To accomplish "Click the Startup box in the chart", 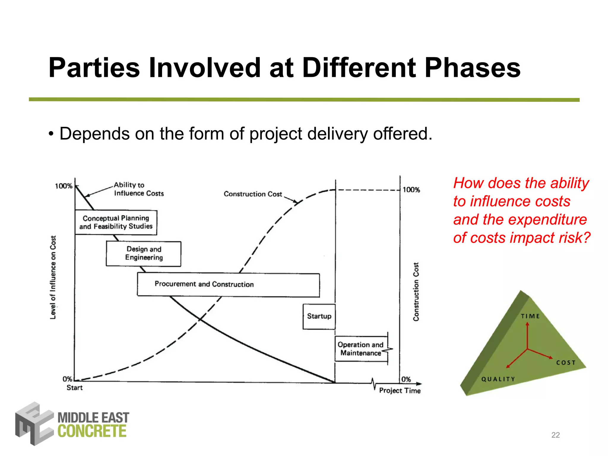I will (319, 316).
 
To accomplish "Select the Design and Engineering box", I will (144, 254).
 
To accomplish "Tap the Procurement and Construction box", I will (228, 284).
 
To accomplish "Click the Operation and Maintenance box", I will (361, 349).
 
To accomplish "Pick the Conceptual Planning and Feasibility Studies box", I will (116, 222).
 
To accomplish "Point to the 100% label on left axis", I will (64, 186).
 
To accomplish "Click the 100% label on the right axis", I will (411, 190).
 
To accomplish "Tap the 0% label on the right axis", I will (406, 379).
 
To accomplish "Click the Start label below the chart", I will (75, 388).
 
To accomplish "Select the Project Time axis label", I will (400, 391).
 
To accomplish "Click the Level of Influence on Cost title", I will (53, 278).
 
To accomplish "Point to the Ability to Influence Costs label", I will (139, 189).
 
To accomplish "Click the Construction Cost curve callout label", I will (253, 194).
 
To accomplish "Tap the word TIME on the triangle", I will (530, 316).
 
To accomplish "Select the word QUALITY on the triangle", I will (498, 379).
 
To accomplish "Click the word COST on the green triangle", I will (566, 363).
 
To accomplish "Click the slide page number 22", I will (555, 435).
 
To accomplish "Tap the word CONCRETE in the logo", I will (92, 431).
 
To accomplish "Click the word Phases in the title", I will (473, 68).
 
